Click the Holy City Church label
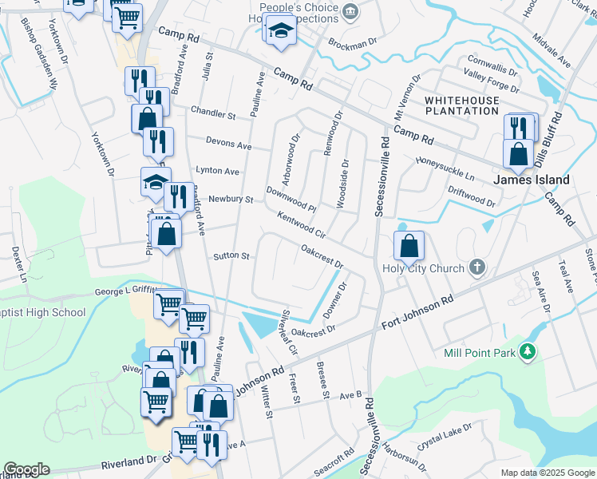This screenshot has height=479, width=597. click(x=423, y=268)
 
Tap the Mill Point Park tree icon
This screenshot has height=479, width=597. click(x=527, y=350)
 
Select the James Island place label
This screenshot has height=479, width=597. click(x=531, y=180)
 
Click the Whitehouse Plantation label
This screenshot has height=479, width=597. click(x=462, y=105)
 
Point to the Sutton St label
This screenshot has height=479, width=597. click(x=232, y=257)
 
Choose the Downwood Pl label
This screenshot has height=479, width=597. click(x=291, y=200)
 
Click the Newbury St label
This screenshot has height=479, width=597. click(x=231, y=199)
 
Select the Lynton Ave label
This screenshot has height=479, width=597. click(x=218, y=171)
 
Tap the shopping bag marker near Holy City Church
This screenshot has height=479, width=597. click(x=409, y=248)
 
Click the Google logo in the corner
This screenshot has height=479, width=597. click(x=26, y=469)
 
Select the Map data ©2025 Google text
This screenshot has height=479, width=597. click(x=548, y=473)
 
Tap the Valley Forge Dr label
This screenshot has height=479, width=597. click(x=492, y=80)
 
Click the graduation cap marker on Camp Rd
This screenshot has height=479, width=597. click(x=280, y=33)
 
